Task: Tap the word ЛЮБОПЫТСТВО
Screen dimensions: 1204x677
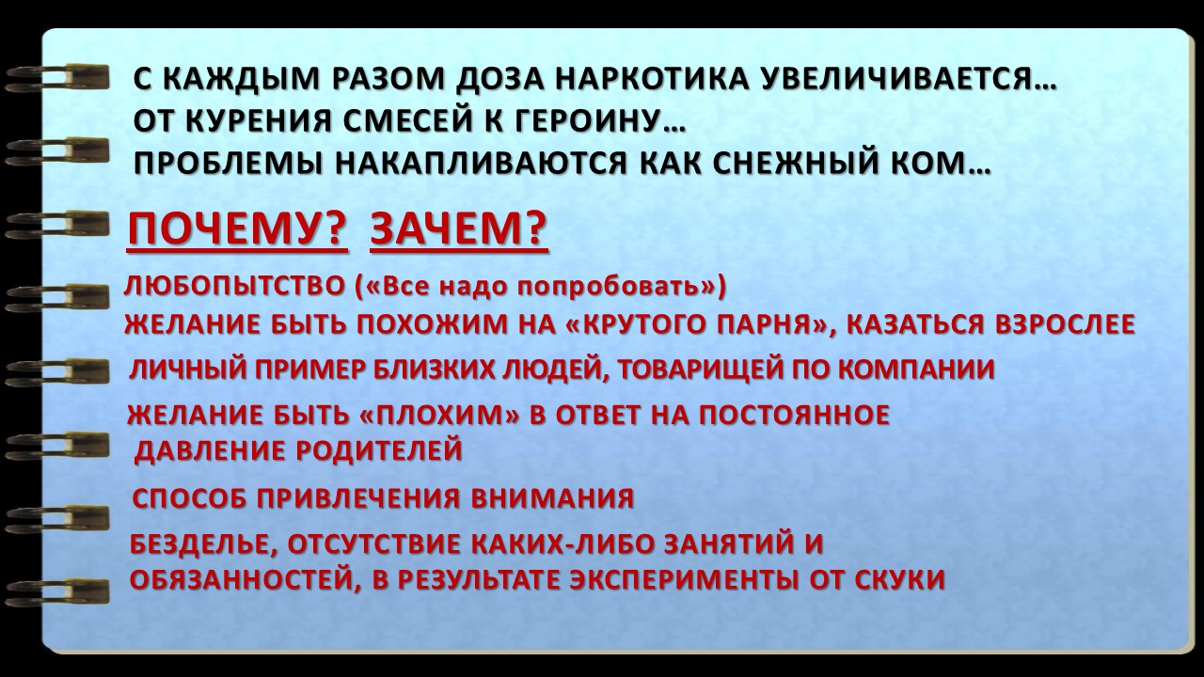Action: point(234,286)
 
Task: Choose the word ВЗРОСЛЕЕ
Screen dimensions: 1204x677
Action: point(1065,324)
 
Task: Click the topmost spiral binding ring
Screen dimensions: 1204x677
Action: point(56,77)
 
